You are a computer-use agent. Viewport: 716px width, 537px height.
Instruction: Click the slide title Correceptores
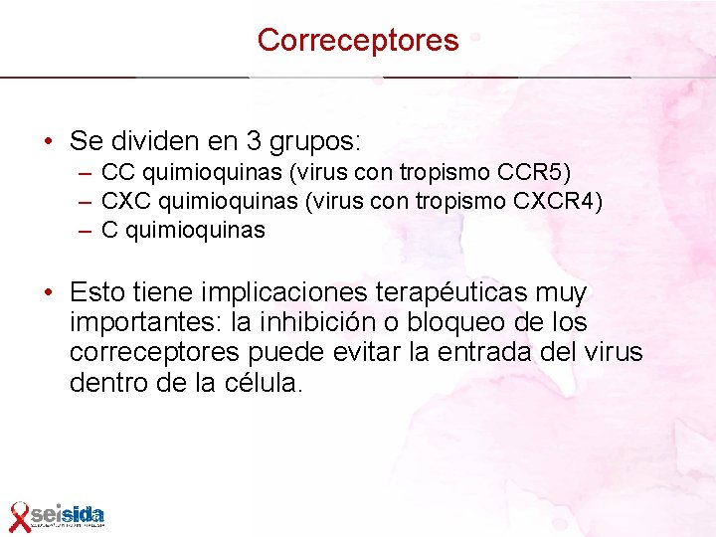[x=358, y=40]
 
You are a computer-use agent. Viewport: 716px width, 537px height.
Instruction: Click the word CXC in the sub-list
[x=123, y=202]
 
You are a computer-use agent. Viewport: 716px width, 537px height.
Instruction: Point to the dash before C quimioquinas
[x=88, y=231]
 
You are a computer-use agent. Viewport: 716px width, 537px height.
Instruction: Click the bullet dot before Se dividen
[x=49, y=139]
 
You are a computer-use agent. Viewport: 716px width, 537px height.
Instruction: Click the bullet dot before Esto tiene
[x=49, y=293]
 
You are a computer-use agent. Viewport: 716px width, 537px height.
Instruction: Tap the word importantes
[x=140, y=323]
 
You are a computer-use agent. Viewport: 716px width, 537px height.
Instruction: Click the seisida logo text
[x=68, y=514]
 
